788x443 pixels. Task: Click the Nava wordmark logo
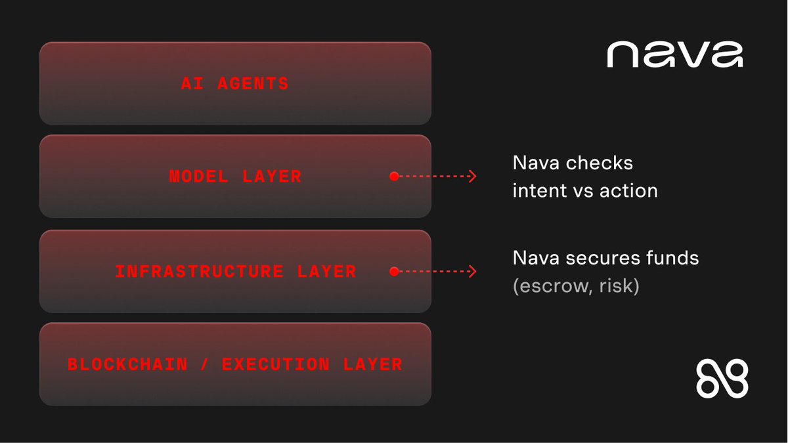pos(674,54)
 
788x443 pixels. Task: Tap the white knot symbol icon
pos(722,379)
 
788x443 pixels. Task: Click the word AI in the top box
pos(190,84)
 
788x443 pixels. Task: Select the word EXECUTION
pos(275,364)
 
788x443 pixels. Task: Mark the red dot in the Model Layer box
pos(393,177)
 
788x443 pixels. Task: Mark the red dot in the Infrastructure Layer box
pos(393,271)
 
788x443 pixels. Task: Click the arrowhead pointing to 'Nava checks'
pos(472,177)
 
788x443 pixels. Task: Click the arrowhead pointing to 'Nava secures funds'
pos(472,271)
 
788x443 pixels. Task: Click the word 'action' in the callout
pos(630,191)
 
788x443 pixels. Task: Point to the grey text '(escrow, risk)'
pos(575,287)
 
